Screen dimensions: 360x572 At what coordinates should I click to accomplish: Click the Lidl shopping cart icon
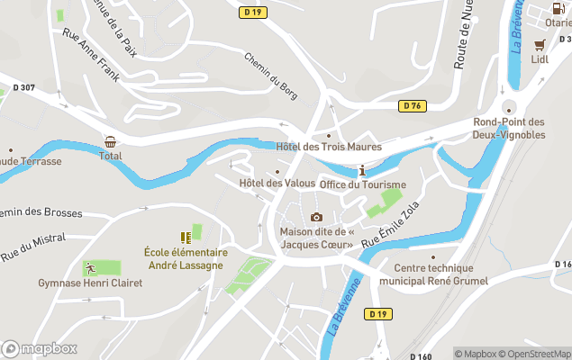pyautogui.click(x=540, y=44)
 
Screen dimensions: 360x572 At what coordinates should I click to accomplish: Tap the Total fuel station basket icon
pyautogui.click(x=110, y=142)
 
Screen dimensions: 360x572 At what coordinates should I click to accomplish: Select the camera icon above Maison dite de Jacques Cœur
pyautogui.click(x=316, y=217)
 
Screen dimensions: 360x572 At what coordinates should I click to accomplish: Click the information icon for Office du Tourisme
pyautogui.click(x=362, y=171)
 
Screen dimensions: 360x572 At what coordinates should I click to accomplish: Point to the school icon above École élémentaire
pyautogui.click(x=186, y=238)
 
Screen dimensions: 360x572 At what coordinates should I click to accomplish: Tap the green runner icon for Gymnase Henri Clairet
pyautogui.click(x=90, y=267)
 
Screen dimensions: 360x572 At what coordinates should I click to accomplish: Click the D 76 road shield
pyautogui.click(x=412, y=106)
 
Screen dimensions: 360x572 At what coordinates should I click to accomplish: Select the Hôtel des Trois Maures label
pyautogui.click(x=329, y=147)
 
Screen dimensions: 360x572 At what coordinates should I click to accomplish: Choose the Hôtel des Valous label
pyautogui.click(x=277, y=184)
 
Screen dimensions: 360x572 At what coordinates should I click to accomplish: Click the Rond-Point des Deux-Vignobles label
pyautogui.click(x=510, y=128)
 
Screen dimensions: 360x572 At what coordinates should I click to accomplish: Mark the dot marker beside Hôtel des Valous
pyautogui.click(x=277, y=171)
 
